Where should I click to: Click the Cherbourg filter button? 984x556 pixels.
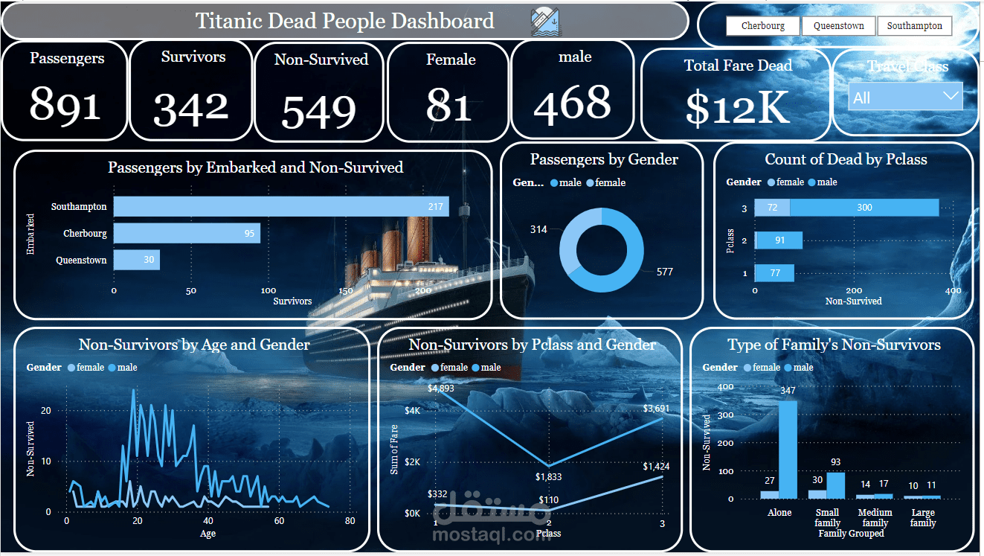[763, 26]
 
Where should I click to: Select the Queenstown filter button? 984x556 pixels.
[838, 26]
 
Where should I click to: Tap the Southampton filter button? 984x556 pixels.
[914, 26]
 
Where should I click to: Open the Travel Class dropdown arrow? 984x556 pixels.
[950, 96]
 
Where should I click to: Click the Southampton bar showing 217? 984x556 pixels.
[280, 207]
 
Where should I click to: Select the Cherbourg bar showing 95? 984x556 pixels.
[187, 234]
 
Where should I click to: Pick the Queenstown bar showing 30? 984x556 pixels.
[136, 261]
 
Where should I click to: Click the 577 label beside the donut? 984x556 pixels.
[664, 272]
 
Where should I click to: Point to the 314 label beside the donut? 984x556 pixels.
[538, 229]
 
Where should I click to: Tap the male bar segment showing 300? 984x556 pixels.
[864, 208]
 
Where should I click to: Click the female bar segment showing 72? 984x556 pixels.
[772, 208]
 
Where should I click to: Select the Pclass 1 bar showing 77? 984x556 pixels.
[775, 273]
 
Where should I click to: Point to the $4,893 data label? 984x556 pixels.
[440, 388]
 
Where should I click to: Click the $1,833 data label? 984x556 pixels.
[548, 476]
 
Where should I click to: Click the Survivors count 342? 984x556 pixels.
[192, 109]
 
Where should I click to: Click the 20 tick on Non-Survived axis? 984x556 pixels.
[46, 411]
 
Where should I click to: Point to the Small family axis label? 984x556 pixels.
[827, 517]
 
